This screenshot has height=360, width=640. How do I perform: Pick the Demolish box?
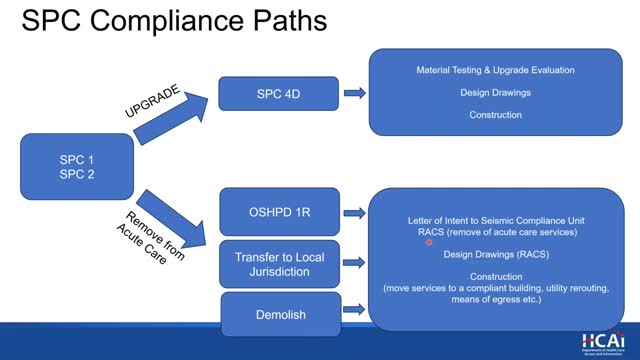click(279, 314)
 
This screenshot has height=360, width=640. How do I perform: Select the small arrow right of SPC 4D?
click(354, 94)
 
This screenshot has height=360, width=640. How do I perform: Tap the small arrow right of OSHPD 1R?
click(354, 213)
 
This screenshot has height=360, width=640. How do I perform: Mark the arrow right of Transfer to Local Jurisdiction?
click(354, 264)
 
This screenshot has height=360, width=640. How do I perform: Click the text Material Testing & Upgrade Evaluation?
click(496, 71)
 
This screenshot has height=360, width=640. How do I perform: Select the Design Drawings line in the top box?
click(496, 93)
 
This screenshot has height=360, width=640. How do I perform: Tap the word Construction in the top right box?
click(496, 115)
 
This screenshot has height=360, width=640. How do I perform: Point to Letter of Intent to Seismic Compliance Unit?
click(496, 220)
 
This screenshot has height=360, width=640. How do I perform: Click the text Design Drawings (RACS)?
click(496, 254)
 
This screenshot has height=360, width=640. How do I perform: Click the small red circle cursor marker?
click(429, 242)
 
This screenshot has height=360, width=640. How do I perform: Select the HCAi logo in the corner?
click(600, 341)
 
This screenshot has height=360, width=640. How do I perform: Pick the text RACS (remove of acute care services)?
click(496, 232)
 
